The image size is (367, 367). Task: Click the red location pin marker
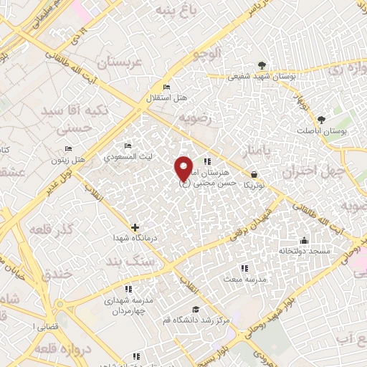[x=184, y=168]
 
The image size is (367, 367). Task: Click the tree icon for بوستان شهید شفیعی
[x=262, y=66]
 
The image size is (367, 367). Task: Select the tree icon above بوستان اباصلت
[x=322, y=120]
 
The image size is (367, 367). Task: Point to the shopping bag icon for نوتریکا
[x=254, y=174]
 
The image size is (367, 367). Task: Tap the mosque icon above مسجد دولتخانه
[x=305, y=241]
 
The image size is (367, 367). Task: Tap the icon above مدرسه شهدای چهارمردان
[x=128, y=289]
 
